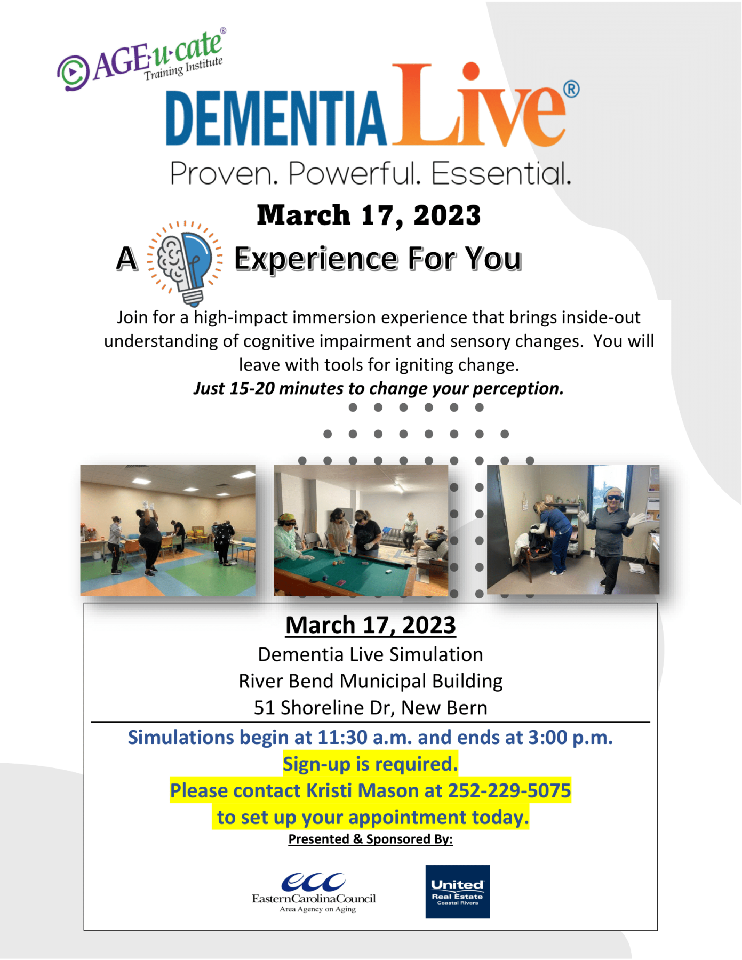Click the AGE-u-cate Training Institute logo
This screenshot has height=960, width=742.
tap(141, 60)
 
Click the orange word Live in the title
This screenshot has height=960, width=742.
tap(479, 105)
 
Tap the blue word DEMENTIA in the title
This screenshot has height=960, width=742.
tap(276, 118)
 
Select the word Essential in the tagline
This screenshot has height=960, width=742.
tap(500, 173)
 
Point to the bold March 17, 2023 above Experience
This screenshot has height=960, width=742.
tap(369, 215)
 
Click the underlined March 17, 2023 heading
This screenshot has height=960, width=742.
tap(371, 625)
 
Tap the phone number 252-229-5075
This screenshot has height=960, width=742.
tap(509, 790)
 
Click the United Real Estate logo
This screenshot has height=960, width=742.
tap(458, 891)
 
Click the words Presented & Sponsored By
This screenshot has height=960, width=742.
tap(371, 839)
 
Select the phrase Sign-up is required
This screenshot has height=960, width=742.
tap(370, 764)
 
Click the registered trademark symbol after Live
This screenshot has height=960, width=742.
tap(571, 89)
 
